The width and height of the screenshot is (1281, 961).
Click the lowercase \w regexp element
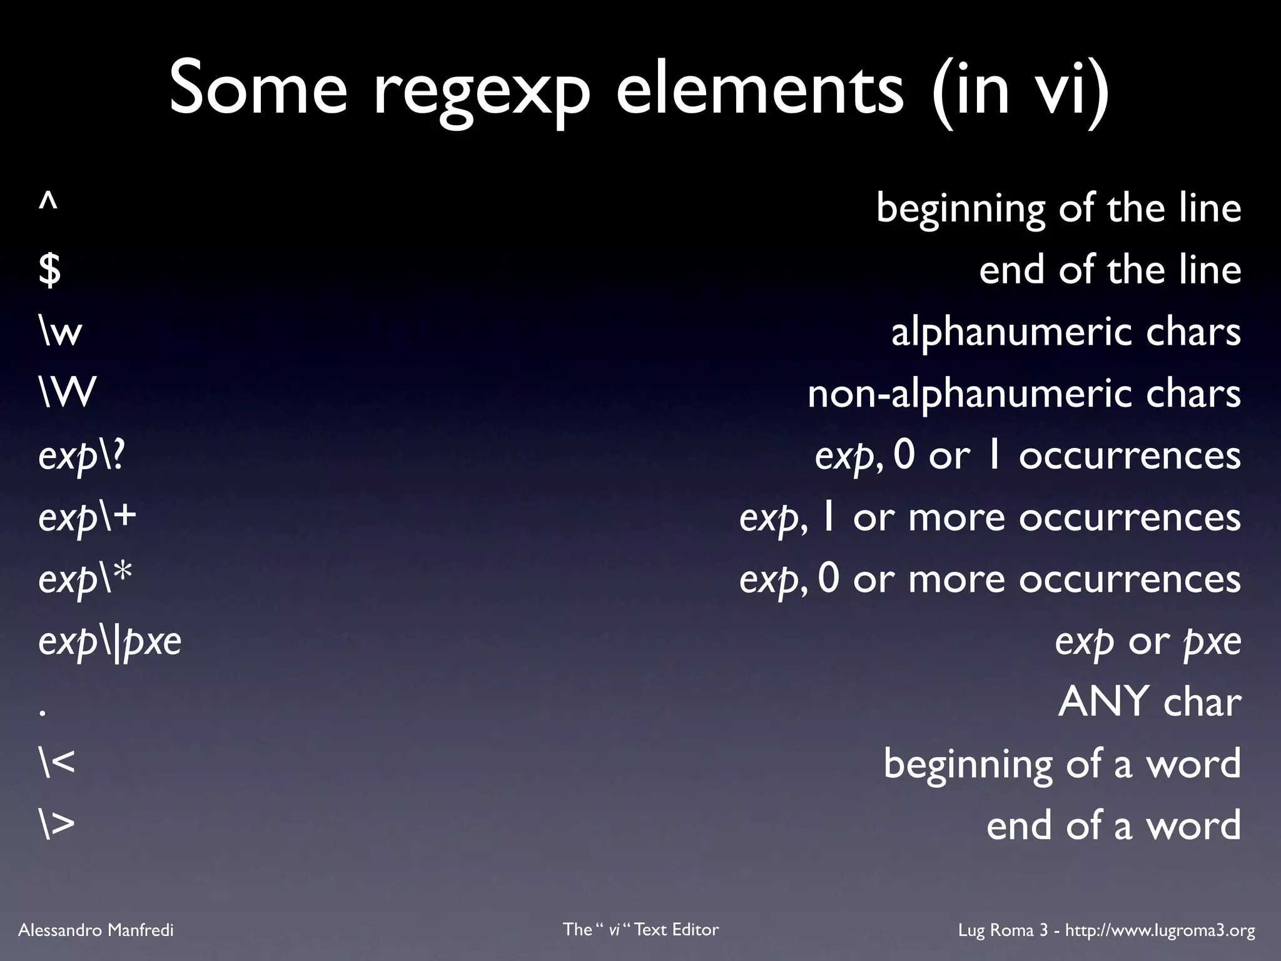tap(60, 332)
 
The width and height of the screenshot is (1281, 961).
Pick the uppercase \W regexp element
tap(67, 394)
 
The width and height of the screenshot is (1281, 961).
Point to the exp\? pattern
tap(81, 456)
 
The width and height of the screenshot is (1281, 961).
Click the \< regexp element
tap(56, 764)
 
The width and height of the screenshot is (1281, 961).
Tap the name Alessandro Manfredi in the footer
tap(96, 930)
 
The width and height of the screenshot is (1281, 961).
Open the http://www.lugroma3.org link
tap(1160, 930)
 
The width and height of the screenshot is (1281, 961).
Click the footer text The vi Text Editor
tap(640, 929)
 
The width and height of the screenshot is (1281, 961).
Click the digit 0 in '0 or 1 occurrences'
tap(904, 455)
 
